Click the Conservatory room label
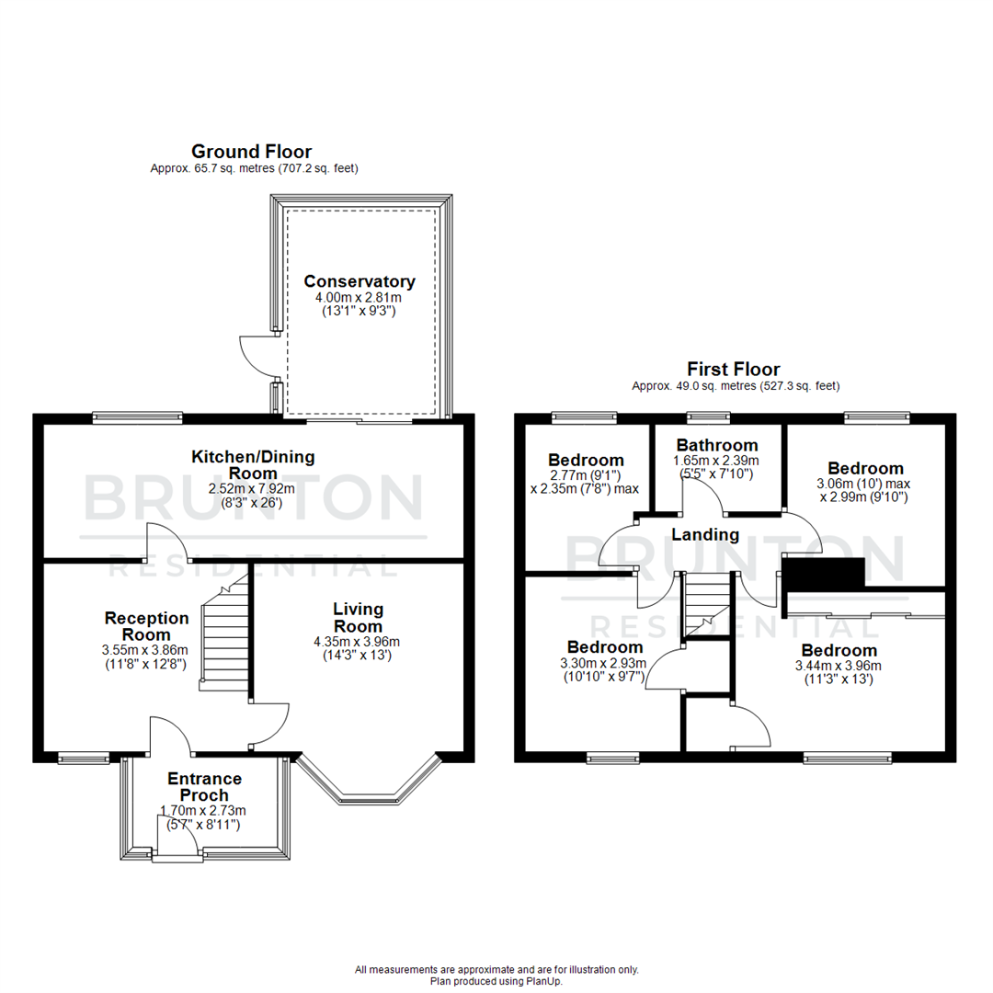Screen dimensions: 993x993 coord(360,281)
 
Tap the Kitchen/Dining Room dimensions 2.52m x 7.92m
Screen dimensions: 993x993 coord(253,489)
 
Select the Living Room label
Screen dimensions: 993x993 coord(359,617)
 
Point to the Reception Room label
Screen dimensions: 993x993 coord(146,626)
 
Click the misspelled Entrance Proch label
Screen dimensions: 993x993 coord(204,787)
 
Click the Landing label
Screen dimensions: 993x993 coord(705,534)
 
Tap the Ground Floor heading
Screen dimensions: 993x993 coord(251,151)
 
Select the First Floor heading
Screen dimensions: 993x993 coord(735,370)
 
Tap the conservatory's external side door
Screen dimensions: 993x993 coord(257,357)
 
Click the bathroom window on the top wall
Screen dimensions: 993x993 coord(705,417)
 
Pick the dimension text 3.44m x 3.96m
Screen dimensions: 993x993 coord(838,666)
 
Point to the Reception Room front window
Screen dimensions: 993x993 coord(83,758)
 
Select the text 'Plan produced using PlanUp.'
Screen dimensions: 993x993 coord(496,981)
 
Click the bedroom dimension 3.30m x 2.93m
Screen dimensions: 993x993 coord(603,663)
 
